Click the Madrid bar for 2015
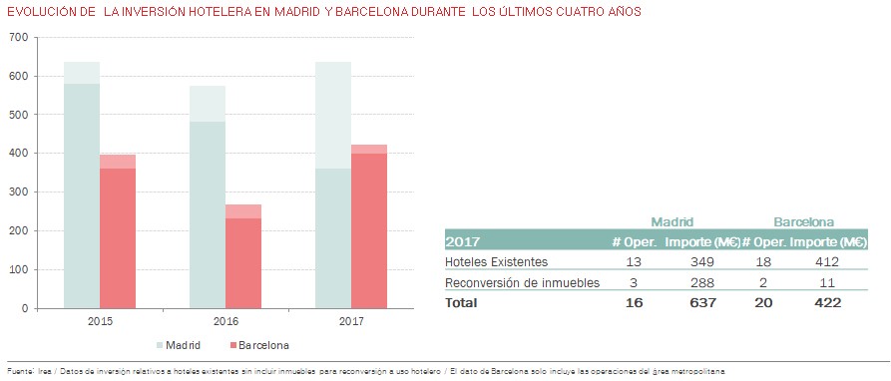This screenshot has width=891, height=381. tap(82, 186)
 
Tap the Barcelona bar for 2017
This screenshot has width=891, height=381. tap(369, 226)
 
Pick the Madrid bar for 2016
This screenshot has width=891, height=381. tap(208, 197)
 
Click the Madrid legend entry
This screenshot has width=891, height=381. tap(179, 345)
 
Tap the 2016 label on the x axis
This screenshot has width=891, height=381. tap(225, 321)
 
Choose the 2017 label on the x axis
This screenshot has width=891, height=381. tap(351, 321)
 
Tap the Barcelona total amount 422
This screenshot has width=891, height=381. tap(827, 302)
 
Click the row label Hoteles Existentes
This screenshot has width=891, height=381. tap(496, 261)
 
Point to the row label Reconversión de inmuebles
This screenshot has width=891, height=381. tap(522, 282)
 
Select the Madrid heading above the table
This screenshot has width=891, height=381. tap(672, 221)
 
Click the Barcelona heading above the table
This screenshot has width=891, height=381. tap(803, 221)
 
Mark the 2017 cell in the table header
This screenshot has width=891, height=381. tap(463, 241)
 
